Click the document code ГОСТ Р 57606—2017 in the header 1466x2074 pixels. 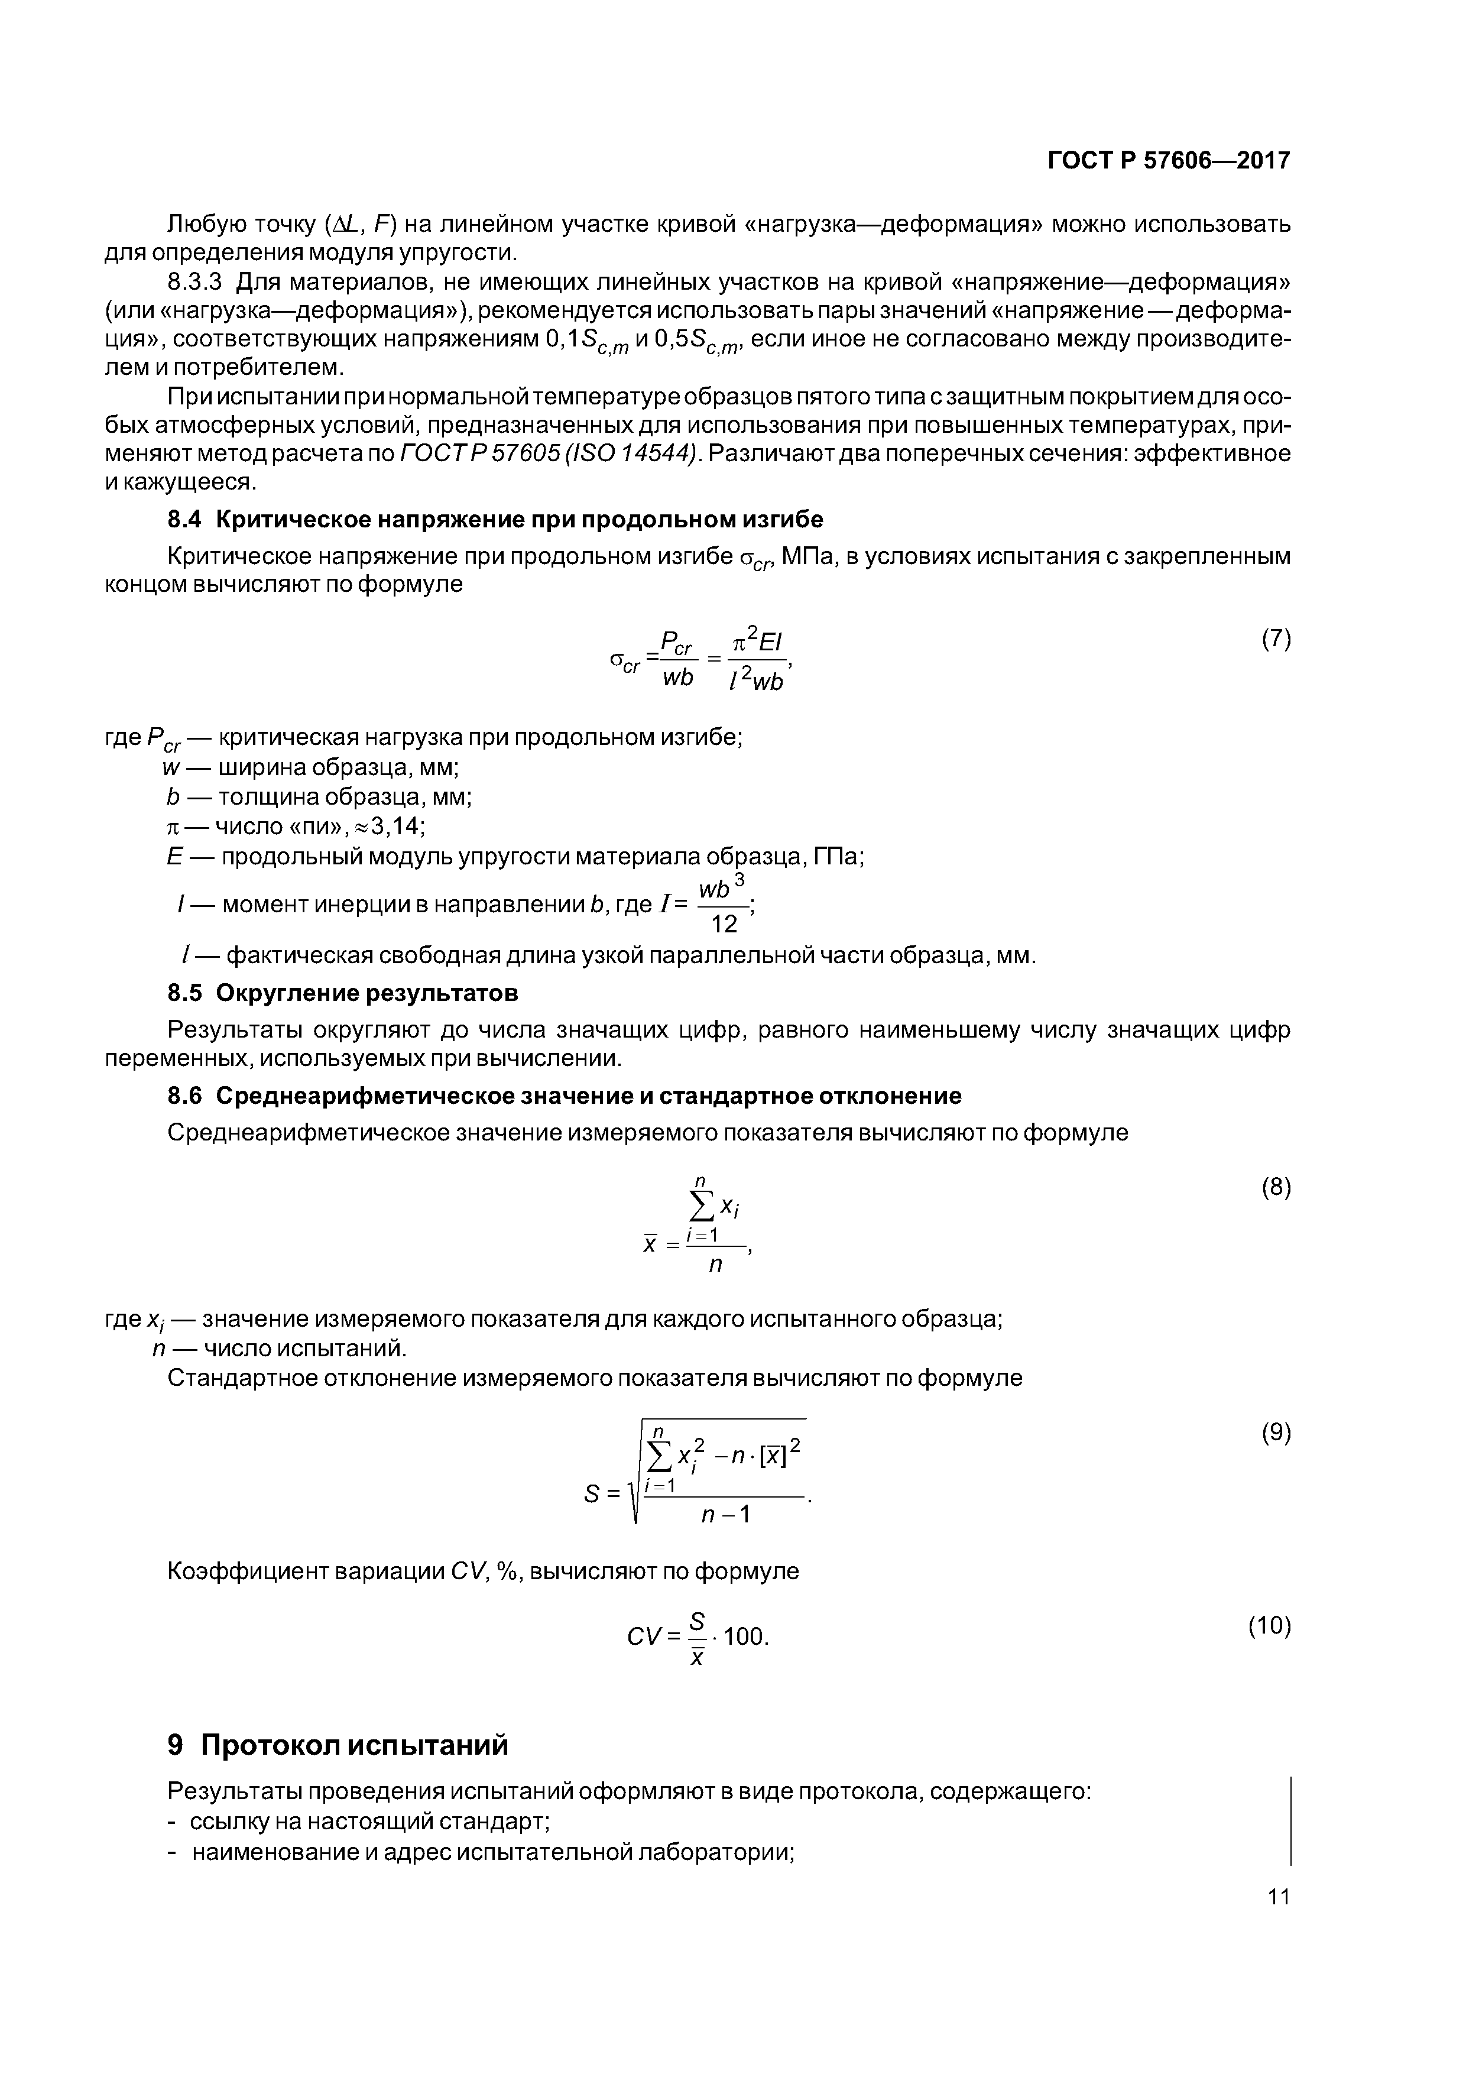click(1168, 161)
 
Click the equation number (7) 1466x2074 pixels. click(1276, 640)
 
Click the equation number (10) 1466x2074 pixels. click(1269, 1626)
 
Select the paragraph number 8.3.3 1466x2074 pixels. click(194, 283)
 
